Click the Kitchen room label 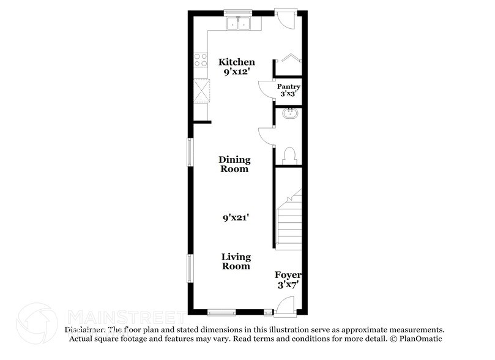point(236,62)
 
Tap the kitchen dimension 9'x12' point(236,72)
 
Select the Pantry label point(287,87)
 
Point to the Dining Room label point(234,164)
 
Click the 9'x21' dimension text point(236,217)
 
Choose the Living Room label point(236,261)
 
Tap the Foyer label point(288,275)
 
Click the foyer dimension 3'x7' point(288,285)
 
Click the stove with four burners point(201,59)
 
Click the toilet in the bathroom point(289,154)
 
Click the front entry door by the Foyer point(285,304)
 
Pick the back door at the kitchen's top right point(285,18)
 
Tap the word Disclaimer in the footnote point(86,329)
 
